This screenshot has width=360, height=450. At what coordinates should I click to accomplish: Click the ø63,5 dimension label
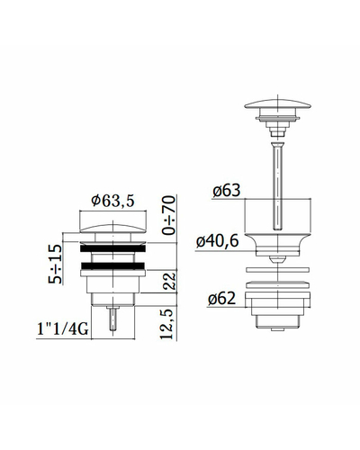[x=113, y=201]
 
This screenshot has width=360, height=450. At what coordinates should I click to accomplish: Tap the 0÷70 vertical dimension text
[x=168, y=215]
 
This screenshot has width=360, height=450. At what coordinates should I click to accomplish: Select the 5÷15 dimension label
[x=56, y=264]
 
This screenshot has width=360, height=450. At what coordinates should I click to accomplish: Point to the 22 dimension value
[x=169, y=281]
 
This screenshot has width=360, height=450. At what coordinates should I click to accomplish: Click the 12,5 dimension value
[x=167, y=324]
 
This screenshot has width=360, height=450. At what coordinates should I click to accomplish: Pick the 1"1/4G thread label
[x=62, y=329]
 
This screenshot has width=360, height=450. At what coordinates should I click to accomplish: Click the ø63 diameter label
[x=227, y=191]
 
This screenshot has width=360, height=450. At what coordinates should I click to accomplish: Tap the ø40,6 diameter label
[x=218, y=241]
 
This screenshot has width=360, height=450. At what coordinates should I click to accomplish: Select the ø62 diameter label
[x=221, y=299]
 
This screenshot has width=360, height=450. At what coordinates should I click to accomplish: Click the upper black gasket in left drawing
[x=112, y=248]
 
